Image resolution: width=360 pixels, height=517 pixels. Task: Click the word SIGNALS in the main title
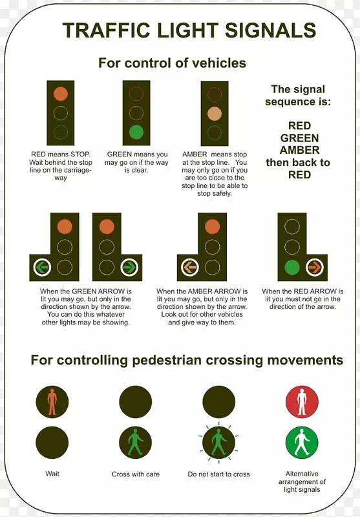271,30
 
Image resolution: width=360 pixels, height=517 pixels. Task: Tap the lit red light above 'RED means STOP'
61,94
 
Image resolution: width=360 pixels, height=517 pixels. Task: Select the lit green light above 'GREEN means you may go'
136,132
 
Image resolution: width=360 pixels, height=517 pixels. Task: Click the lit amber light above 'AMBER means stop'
215,114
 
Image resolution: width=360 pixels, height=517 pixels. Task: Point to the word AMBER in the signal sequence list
300,150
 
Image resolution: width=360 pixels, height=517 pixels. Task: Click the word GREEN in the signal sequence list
300,138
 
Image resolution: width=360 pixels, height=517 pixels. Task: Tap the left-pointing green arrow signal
42,267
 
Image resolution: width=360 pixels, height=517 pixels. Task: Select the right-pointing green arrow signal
129,267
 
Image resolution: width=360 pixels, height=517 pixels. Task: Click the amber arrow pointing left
190,267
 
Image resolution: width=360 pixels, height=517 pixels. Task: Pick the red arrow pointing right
315,267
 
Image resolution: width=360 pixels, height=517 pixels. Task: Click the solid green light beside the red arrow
292,267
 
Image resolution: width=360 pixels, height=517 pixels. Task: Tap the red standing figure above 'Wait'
52,401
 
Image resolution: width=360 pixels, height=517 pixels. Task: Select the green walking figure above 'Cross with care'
136,442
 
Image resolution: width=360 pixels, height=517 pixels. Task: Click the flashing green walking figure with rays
218,442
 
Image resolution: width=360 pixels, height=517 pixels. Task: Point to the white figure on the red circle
302,401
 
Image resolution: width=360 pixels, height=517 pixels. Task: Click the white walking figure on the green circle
302,442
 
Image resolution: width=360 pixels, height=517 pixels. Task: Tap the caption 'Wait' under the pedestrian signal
52,474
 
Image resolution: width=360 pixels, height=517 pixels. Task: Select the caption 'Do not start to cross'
218,474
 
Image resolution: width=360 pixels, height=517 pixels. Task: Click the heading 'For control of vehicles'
172,63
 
